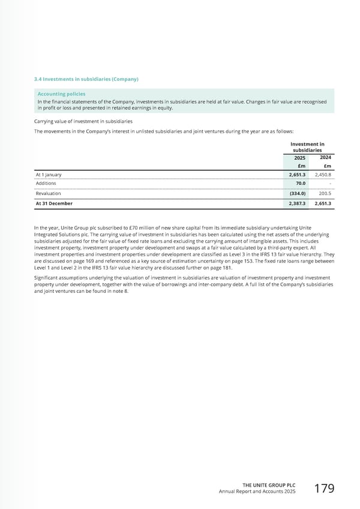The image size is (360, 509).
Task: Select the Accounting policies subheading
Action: tap(61, 94)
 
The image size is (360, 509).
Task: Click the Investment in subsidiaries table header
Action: tap(307, 147)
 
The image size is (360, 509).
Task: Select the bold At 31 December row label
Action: tap(54, 203)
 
